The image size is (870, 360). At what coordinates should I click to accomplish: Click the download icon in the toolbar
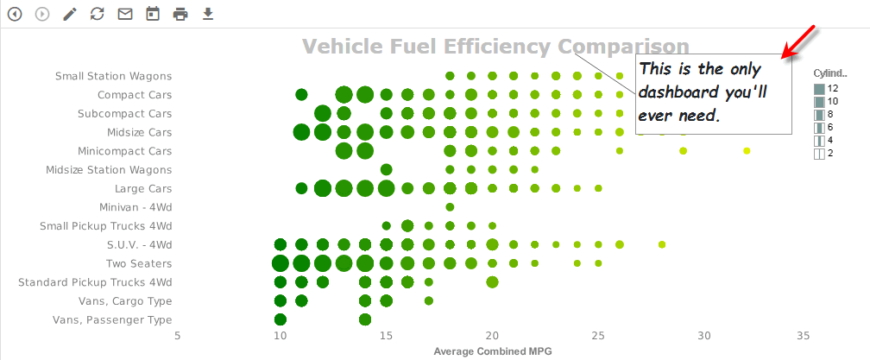(207, 14)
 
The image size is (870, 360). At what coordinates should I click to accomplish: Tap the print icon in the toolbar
(180, 14)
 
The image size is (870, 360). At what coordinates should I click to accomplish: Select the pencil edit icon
(70, 14)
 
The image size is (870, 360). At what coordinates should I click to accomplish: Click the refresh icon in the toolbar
(97, 14)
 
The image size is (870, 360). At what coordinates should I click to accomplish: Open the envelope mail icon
(125, 14)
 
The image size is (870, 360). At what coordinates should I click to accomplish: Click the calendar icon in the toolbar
(153, 14)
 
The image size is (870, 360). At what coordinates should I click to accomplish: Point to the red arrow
(798, 43)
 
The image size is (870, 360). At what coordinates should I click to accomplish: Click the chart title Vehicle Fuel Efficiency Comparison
(495, 47)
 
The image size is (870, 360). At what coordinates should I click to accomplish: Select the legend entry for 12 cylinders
(820, 88)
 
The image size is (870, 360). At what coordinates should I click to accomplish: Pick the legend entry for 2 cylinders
(820, 154)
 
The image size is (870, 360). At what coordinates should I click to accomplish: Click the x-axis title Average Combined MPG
(492, 351)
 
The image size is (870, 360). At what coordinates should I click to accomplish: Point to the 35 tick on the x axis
(803, 336)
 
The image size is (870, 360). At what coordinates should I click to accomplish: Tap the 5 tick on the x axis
(177, 336)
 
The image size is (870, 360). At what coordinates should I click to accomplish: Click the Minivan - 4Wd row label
(136, 207)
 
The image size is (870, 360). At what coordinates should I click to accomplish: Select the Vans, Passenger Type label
(112, 320)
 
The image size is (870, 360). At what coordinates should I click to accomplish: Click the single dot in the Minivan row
(450, 207)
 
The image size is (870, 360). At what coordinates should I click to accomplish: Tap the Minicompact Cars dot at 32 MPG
(747, 151)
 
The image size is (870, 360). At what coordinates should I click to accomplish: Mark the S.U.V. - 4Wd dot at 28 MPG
(662, 244)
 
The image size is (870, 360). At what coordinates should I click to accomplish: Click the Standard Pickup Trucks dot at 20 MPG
(492, 281)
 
